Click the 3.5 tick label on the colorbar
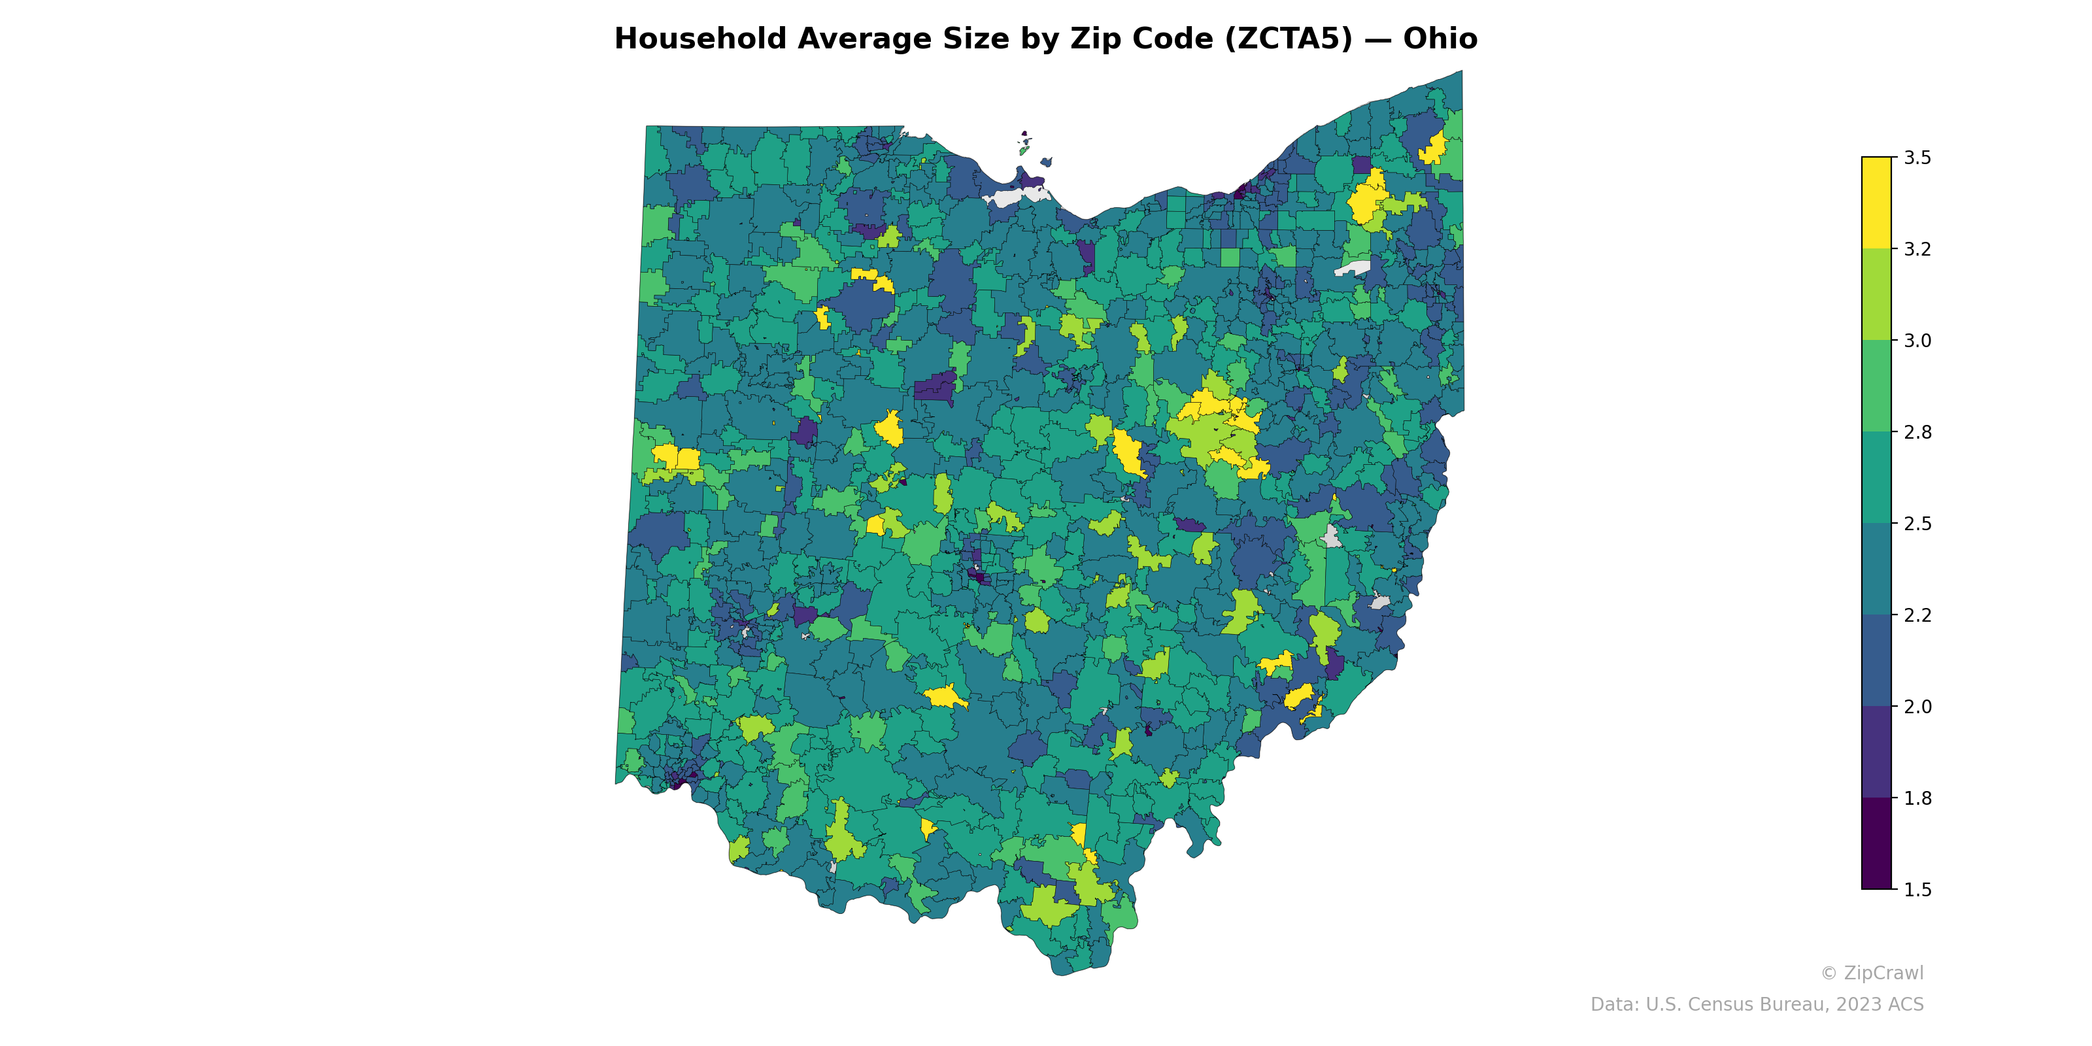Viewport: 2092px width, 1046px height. tap(1917, 158)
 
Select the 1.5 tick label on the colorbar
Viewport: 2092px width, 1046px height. tap(1917, 890)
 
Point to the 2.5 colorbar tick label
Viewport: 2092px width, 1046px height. tap(1917, 524)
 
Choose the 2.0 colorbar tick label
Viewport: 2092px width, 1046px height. tap(1917, 707)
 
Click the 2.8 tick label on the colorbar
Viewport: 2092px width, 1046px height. tap(1917, 432)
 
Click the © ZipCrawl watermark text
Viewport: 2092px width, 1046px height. tap(1871, 973)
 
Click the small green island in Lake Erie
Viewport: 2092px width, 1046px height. tap(1024, 150)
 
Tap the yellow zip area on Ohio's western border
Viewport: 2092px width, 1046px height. tap(677, 458)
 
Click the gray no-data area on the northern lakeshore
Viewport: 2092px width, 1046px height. tap(1011, 197)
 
